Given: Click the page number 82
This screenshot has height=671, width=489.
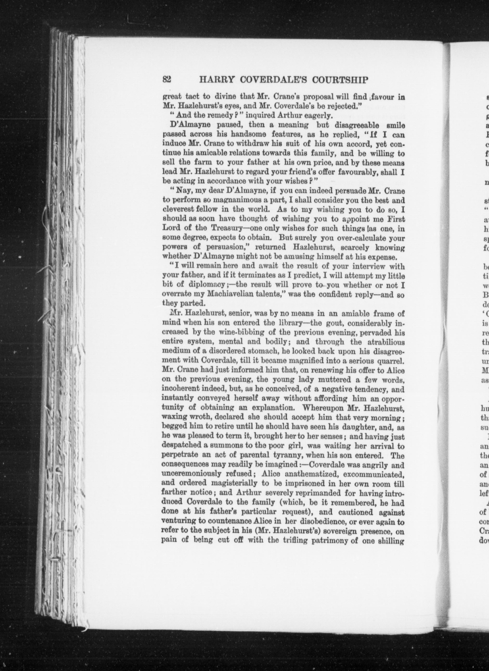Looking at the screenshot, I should tap(167, 80).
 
